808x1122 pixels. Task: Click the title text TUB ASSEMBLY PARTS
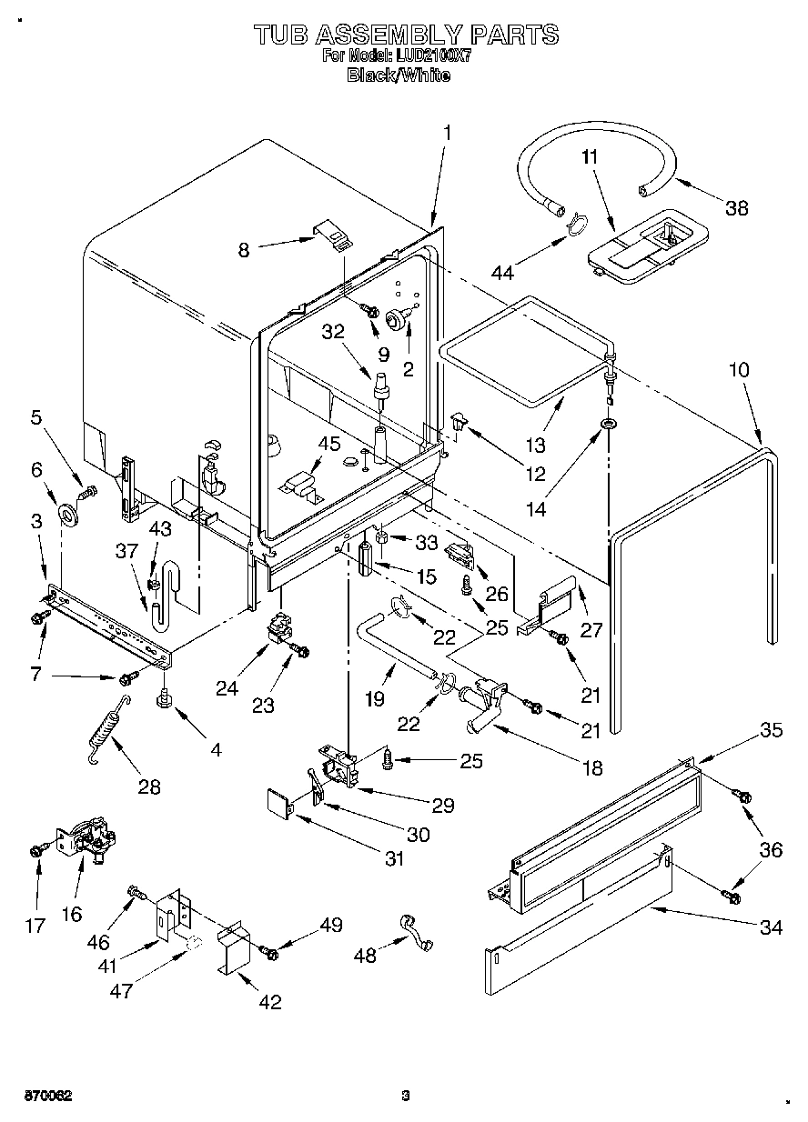coord(405,35)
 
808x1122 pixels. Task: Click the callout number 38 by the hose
coord(736,207)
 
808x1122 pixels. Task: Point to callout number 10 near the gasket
coord(739,370)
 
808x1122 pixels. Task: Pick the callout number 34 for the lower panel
coord(771,928)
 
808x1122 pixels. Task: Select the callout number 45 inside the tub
coord(328,444)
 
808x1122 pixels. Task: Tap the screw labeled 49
coord(269,951)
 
